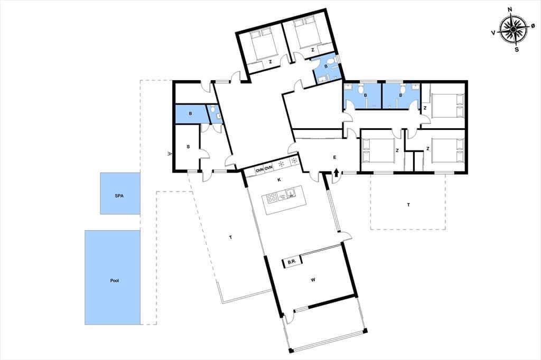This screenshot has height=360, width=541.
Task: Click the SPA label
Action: (119, 196)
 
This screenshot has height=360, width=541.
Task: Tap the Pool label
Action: (115, 281)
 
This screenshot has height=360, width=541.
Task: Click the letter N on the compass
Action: (510, 19)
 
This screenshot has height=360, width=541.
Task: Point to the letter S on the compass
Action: (517, 49)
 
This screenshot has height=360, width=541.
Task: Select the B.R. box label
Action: (292, 262)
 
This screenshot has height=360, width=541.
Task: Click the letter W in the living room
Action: (313, 280)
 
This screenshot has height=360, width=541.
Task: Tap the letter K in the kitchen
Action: (279, 179)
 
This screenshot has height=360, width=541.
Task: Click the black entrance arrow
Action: (337, 173)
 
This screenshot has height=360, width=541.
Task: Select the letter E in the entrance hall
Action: (334, 157)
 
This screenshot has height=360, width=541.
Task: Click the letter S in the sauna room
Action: (188, 147)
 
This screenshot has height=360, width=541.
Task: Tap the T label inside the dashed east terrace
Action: (408, 205)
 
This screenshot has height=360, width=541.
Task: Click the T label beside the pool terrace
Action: (230, 237)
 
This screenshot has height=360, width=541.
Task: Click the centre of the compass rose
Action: (514, 30)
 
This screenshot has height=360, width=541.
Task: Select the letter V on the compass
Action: (494, 32)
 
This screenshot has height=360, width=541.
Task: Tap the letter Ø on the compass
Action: (533, 26)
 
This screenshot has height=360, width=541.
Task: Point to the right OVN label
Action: (269, 168)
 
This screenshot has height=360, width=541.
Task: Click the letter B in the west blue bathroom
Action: (190, 113)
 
